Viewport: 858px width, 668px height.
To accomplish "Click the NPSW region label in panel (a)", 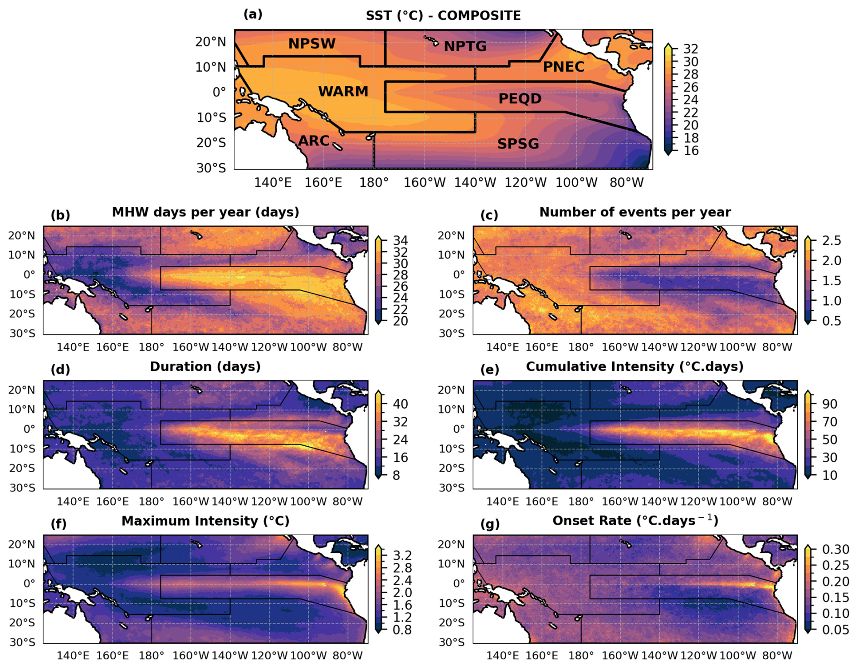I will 312,44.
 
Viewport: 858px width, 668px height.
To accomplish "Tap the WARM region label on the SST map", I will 343,92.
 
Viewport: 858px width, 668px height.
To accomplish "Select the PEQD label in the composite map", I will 520,99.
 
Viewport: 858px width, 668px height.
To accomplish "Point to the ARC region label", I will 313,141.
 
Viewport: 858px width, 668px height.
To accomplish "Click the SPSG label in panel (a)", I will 518,144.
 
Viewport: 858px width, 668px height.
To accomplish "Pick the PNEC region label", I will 563,67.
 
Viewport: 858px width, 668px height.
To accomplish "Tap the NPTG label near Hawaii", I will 465,46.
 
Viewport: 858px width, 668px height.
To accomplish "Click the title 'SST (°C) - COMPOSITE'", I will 443,16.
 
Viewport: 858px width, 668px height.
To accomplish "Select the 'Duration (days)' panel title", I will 205,366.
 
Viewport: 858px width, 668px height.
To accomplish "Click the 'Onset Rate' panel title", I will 635,521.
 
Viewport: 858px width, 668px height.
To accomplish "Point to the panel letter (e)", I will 489,370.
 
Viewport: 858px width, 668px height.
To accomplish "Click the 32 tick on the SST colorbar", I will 691,49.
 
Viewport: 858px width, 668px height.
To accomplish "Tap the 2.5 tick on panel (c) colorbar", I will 831,240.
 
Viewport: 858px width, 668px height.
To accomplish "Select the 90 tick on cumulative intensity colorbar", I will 829,404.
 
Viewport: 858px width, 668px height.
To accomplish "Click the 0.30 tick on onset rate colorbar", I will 835,550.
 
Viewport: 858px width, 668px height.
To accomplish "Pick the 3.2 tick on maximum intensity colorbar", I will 402,556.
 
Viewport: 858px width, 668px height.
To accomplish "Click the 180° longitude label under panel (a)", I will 374,183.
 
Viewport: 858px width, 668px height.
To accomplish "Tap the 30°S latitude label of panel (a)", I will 211,168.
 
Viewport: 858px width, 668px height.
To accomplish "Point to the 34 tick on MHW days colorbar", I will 400,240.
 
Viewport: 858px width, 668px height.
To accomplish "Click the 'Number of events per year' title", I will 635,212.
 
